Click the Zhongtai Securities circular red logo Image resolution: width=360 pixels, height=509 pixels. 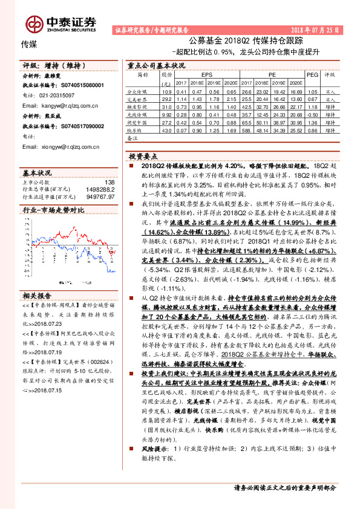pos(34,23)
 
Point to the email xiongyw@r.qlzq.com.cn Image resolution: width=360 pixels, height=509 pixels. pos(62,146)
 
